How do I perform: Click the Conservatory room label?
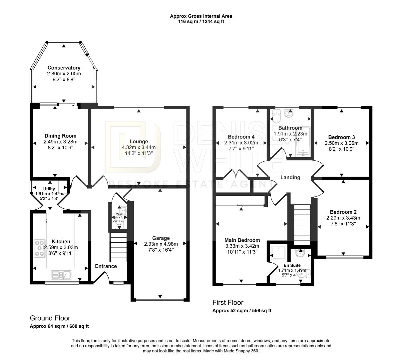(x=64, y=68)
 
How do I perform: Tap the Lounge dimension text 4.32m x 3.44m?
(x=139, y=147)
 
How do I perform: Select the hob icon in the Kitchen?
(x=40, y=248)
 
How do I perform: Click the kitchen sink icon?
(x=61, y=275)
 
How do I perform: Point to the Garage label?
(x=161, y=238)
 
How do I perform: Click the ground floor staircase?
(x=118, y=248)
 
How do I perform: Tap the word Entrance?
(x=106, y=266)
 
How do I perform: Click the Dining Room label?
(x=60, y=136)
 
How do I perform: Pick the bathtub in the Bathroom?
(x=303, y=142)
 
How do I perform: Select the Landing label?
(x=290, y=177)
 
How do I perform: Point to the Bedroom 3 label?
(x=341, y=137)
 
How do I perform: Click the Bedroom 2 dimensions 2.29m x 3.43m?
(x=343, y=218)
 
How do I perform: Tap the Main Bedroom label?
(x=242, y=240)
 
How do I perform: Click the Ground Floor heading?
(x=50, y=318)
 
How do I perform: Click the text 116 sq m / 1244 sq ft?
(x=201, y=22)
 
